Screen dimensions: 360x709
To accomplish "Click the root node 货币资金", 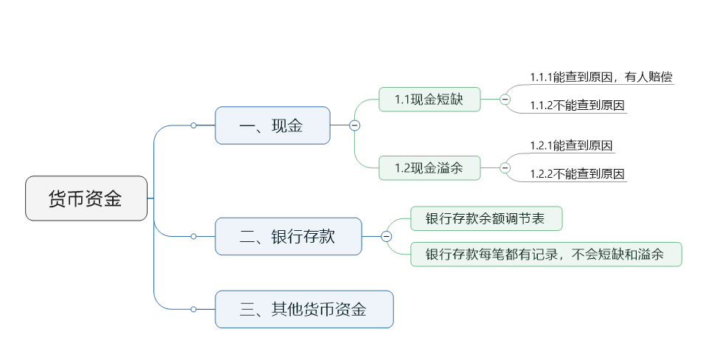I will coord(86,198).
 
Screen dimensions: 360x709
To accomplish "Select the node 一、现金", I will coord(272,125).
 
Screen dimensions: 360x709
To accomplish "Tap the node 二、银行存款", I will coord(288,236).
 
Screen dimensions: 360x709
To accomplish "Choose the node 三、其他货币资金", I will coord(303,309).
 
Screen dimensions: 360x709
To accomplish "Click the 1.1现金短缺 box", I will coord(429,100).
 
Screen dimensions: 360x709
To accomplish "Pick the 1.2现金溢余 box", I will coord(429,167).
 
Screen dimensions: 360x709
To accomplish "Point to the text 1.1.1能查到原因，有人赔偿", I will coord(601,77).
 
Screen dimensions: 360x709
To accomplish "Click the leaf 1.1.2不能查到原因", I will coord(577,105).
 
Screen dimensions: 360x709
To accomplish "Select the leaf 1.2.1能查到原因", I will coord(572,145).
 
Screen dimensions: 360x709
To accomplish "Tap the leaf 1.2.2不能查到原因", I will coord(577,174).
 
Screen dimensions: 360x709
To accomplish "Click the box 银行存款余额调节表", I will coord(485,218).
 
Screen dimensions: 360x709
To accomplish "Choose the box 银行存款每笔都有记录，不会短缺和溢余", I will coord(545,255).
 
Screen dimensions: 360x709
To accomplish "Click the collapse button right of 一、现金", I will coord(355,125).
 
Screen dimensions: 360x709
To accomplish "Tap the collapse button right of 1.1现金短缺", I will coord(505,100).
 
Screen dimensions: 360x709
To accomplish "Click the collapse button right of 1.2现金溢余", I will coord(505,167).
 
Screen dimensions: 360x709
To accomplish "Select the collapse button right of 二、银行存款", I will coord(387,236).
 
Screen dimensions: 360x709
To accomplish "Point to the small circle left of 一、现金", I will coord(193,125).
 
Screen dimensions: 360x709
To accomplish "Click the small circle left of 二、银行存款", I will coord(193,236).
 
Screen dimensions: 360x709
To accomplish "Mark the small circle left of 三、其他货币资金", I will coord(193,309).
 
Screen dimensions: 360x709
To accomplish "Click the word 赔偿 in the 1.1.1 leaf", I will coord(659,77).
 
